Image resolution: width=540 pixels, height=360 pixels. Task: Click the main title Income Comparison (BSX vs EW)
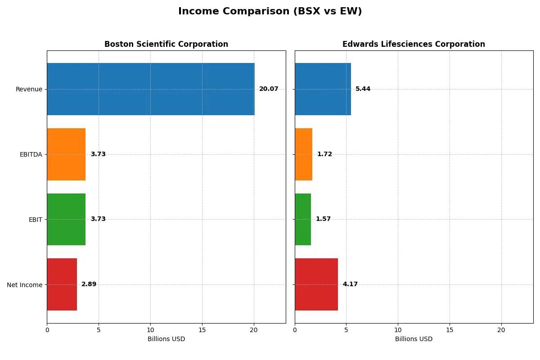[270, 12]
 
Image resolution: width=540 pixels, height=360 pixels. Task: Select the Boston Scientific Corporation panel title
[166, 44]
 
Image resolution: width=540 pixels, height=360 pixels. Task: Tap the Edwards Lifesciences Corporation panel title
[414, 44]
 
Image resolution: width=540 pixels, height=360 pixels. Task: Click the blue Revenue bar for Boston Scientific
[151, 89]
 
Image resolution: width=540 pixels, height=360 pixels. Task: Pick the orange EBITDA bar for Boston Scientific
[66, 154]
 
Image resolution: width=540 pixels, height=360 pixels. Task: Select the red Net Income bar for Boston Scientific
[62, 284]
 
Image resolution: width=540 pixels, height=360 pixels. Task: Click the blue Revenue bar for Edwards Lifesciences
[323, 89]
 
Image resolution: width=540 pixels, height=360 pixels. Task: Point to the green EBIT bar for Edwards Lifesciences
[303, 219]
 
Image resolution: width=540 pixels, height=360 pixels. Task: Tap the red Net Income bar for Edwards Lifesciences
[316, 284]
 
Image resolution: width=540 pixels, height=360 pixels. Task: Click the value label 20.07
[269, 89]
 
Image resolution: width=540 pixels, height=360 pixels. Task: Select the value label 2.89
[89, 284]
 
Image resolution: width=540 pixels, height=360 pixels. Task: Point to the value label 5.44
[363, 89]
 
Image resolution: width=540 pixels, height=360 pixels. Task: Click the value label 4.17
[350, 284]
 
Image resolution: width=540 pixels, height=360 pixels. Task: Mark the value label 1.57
[323, 219]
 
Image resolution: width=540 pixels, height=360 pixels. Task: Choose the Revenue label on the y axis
[29, 89]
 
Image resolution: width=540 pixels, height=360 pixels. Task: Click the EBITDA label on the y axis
[31, 154]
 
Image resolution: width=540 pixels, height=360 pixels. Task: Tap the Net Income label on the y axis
[24, 284]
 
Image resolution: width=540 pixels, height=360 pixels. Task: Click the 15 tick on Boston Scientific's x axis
[202, 330]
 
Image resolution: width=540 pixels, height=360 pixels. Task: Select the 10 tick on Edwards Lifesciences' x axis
[398, 330]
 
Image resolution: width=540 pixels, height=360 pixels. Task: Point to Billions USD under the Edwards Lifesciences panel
[414, 339]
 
